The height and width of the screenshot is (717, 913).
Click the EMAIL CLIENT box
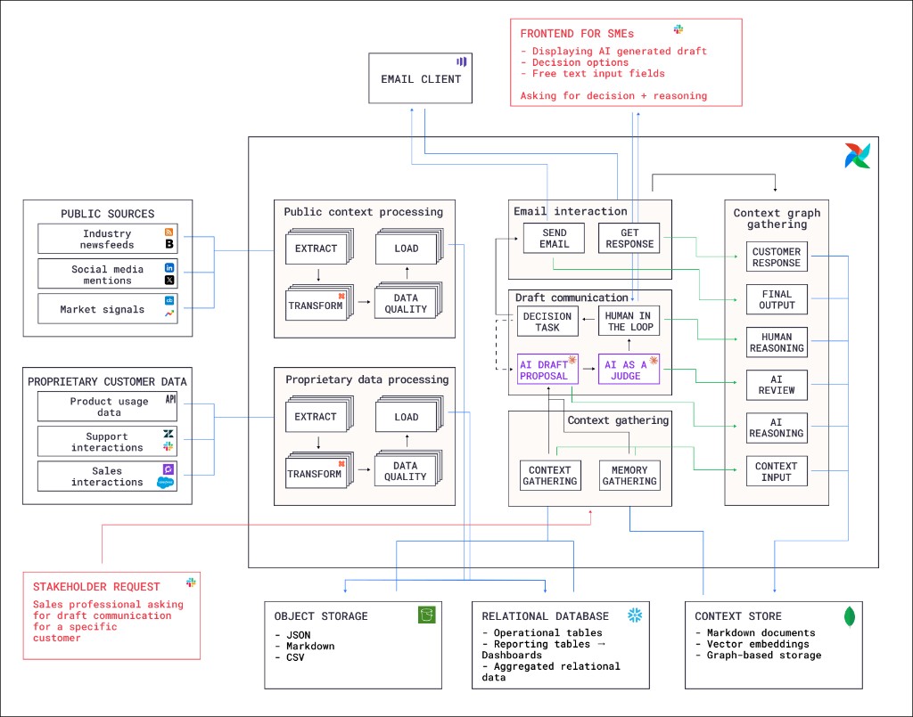pyautogui.click(x=421, y=79)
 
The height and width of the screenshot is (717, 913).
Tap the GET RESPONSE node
pyautogui.click(x=629, y=239)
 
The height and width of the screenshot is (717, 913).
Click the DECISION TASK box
pyautogui.click(x=547, y=322)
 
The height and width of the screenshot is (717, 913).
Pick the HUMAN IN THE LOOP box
pyautogui.click(x=629, y=322)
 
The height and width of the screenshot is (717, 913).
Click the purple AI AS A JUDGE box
pyautogui.click(x=629, y=370)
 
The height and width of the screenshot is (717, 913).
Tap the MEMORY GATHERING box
pyautogui.click(x=629, y=476)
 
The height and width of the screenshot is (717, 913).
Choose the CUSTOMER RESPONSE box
pyautogui.click(x=777, y=257)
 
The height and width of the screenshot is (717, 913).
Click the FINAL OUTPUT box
pyautogui.click(x=777, y=299)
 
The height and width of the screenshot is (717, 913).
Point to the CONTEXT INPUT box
pyautogui.click(x=777, y=471)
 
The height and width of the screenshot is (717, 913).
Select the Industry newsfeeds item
pyautogui.click(x=107, y=239)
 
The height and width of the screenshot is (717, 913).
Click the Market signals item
pyautogui.click(x=107, y=310)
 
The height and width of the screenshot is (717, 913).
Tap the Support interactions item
pyautogui.click(x=107, y=442)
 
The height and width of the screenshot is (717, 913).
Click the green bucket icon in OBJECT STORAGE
pyautogui.click(x=427, y=615)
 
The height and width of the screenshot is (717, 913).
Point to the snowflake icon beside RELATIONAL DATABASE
pyautogui.click(x=636, y=615)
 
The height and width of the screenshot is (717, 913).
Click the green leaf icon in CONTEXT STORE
pyautogui.click(x=850, y=615)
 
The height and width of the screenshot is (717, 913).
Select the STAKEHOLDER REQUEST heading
pyautogui.click(x=96, y=586)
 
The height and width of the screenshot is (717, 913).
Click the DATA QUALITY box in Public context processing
pyautogui.click(x=406, y=304)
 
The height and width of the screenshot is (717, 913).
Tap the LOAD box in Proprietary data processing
pyautogui.click(x=406, y=417)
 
